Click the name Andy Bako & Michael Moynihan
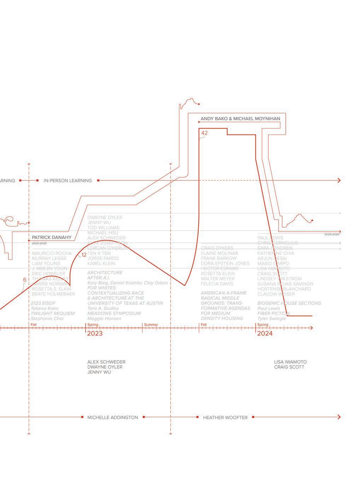(x=240, y=119)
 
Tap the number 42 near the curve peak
(x=204, y=133)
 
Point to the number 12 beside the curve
(x=84, y=255)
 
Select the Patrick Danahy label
(x=52, y=237)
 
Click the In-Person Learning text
(x=68, y=180)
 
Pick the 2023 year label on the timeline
(x=95, y=333)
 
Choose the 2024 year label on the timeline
(x=265, y=333)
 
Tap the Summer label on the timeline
(x=151, y=325)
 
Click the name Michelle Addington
(x=112, y=418)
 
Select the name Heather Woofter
(x=225, y=418)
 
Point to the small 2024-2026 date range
(x=332, y=234)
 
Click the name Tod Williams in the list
(x=103, y=228)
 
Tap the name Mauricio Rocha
(x=52, y=253)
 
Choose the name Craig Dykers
(x=217, y=248)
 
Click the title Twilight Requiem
(x=52, y=314)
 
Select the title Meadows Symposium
(x=114, y=314)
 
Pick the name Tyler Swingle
(x=271, y=318)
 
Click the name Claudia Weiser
(x=276, y=294)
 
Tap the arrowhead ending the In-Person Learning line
(x=339, y=180)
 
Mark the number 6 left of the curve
(x=25, y=280)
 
